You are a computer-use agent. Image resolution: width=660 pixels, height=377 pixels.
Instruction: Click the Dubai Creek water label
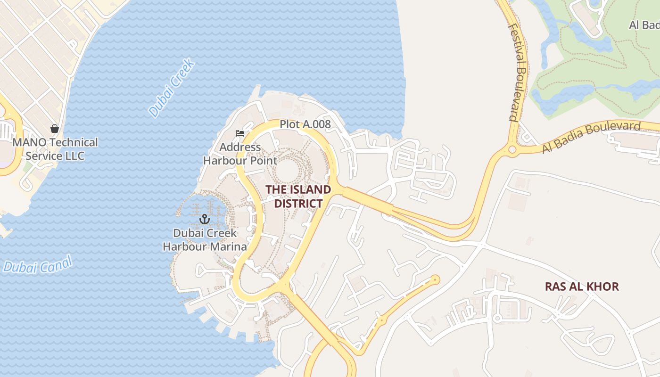pos(172,88)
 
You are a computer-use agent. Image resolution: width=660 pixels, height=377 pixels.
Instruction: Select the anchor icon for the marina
pos(204,219)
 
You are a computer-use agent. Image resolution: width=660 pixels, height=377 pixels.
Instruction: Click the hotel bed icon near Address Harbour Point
pos(240,133)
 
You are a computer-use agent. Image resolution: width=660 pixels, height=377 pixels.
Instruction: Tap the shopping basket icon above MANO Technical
pos(55,129)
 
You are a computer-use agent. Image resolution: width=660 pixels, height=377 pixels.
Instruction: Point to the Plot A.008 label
pos(305,124)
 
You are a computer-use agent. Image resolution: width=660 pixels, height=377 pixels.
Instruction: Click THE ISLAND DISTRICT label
pos(298,197)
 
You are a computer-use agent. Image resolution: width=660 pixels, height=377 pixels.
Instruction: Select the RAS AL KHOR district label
pos(582,287)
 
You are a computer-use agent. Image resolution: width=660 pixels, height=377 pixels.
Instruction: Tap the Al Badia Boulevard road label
pos(591,137)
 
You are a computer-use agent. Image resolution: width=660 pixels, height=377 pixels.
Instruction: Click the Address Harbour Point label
pos(240,154)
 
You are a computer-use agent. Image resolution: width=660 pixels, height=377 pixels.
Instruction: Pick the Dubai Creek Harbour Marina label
pos(205,240)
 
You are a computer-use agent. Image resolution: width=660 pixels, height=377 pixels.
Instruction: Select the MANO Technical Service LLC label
pos(55,149)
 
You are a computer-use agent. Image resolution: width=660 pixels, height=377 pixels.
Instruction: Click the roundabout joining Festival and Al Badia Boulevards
pos(512,150)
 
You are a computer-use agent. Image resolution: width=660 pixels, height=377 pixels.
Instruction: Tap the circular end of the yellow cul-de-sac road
pos(435,280)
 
